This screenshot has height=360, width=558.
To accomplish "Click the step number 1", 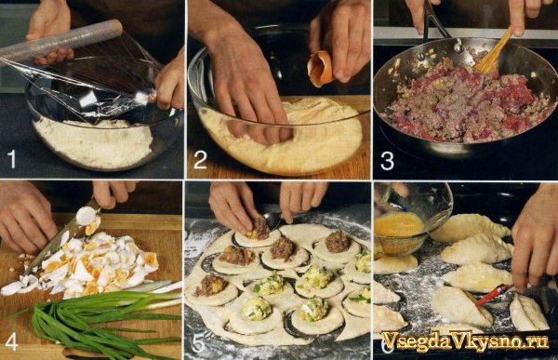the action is click(x=12, y=159).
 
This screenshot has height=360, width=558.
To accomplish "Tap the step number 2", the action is click(x=200, y=159).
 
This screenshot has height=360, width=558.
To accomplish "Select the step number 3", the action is click(x=387, y=161).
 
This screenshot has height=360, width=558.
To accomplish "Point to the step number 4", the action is click(x=11, y=343).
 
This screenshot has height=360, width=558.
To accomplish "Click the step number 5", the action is click(x=198, y=344).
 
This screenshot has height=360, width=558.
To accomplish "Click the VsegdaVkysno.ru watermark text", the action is click(x=464, y=340).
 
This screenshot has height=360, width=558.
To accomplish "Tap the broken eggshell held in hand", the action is click(x=320, y=69).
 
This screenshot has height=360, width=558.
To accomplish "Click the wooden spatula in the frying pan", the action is click(x=493, y=52).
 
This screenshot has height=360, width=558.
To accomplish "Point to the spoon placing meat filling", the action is click(x=271, y=220).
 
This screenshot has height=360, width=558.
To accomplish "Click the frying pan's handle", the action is click(x=435, y=22).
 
